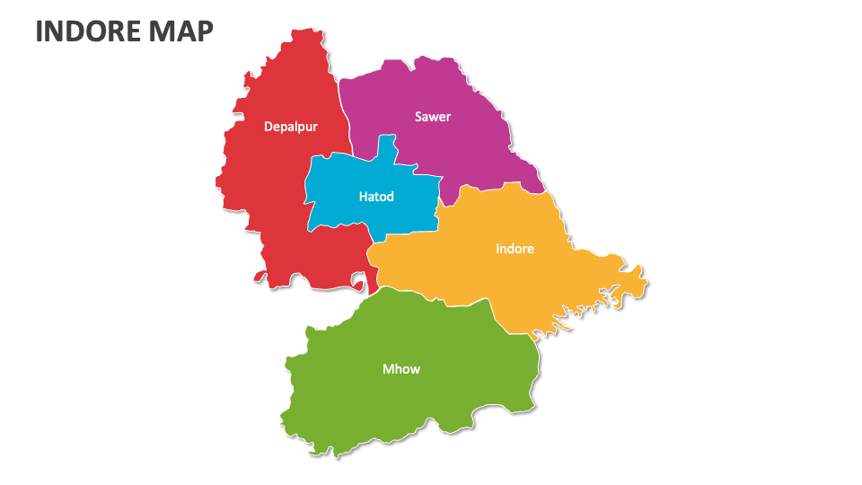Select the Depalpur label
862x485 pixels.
click(x=290, y=127)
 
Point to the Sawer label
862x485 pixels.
click(x=433, y=117)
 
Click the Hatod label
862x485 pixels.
click(x=376, y=197)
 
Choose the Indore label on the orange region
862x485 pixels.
click(x=515, y=249)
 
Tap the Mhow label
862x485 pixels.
click(x=401, y=369)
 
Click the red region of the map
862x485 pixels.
click(x=269, y=198)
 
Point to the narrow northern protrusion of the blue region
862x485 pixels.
click(x=387, y=149)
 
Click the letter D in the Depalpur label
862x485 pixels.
click(x=268, y=127)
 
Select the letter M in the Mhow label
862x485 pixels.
click(x=388, y=369)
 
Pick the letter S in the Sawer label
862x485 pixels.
click(x=418, y=117)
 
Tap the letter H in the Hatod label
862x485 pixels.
click(x=363, y=197)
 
